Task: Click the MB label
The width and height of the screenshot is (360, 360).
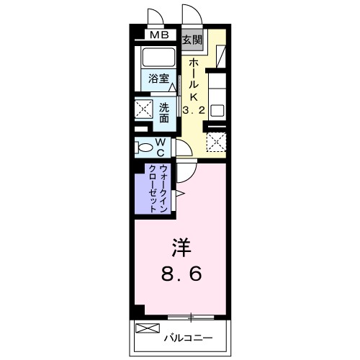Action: (x=159, y=34)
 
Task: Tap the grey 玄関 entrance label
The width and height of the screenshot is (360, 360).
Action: (x=192, y=40)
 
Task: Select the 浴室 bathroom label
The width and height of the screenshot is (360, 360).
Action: (x=159, y=78)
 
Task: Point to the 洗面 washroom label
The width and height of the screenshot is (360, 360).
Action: (x=165, y=112)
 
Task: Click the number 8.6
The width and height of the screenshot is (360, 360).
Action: (x=181, y=274)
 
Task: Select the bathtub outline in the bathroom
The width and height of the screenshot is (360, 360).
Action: (x=156, y=57)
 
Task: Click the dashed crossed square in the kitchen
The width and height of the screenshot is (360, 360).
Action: (x=217, y=140)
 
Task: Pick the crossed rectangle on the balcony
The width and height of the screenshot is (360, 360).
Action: (x=145, y=330)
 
